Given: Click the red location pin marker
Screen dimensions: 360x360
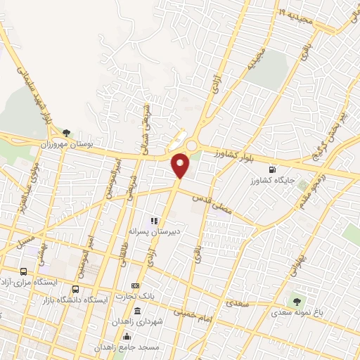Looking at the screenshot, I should tap(181, 165).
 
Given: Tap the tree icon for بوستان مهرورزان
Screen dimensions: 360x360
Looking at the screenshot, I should tap(66, 131).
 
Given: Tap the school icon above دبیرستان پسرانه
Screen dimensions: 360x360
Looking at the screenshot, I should tap(153, 221).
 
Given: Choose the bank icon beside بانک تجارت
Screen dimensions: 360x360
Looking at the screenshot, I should tap(135, 286).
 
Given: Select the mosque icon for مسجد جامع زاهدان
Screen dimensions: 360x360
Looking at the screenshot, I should tap(127, 335).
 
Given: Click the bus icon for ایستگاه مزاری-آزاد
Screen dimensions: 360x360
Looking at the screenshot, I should tap(25, 271).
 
